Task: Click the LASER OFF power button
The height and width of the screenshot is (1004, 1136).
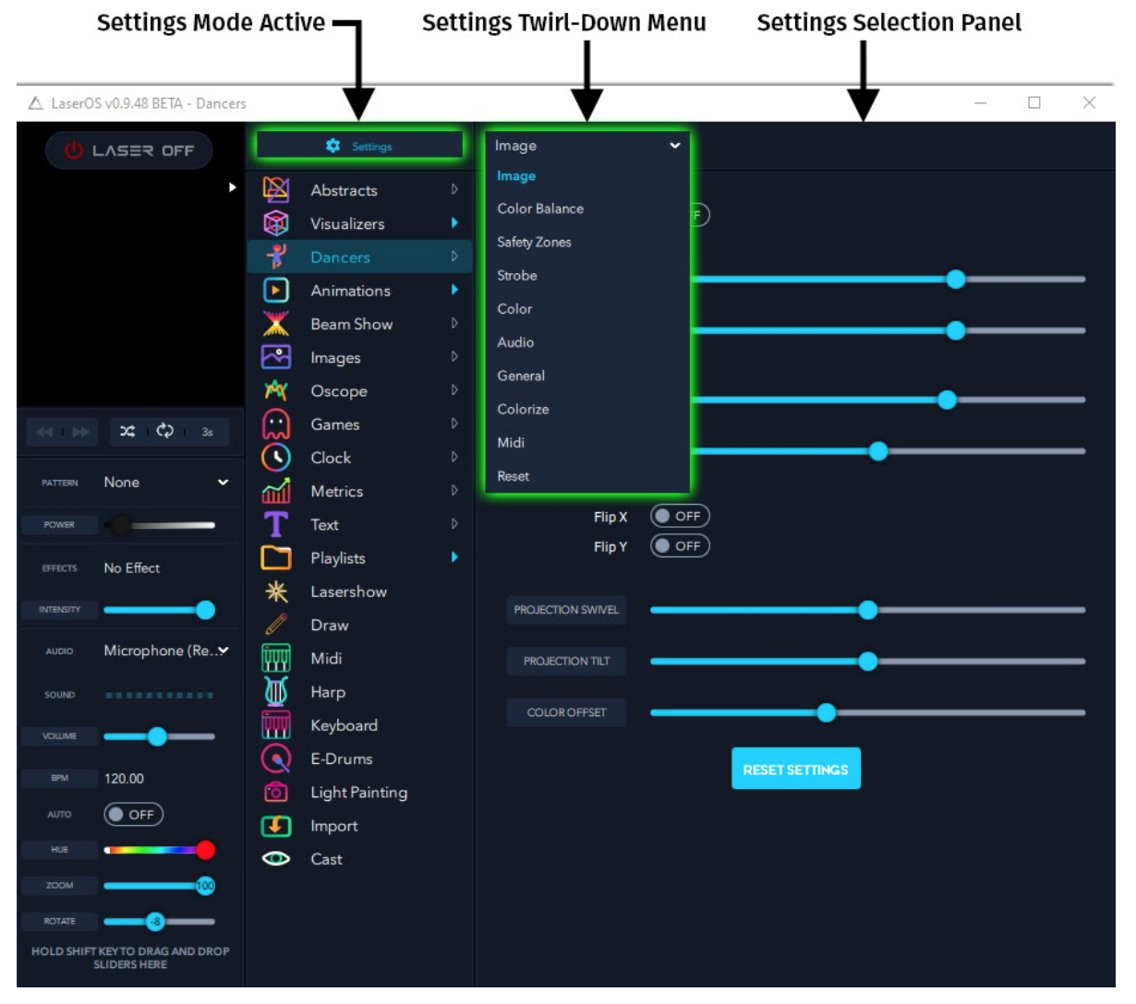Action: coord(129,150)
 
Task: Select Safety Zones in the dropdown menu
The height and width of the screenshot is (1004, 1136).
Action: coord(534,242)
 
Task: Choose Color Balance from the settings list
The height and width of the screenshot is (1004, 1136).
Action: coord(540,209)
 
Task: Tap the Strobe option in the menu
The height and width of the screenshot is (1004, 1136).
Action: coord(517,276)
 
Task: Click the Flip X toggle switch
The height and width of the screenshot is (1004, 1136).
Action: coord(680,516)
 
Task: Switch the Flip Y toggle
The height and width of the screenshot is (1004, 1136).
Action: coord(680,545)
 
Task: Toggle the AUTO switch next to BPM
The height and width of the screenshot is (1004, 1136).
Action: coord(133,814)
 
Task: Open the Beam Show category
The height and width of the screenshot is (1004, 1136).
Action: coord(352,324)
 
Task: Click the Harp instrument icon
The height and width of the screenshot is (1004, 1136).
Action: coord(276,691)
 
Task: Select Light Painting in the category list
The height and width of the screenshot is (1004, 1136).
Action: coord(359,792)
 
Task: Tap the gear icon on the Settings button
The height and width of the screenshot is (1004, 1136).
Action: coord(333,146)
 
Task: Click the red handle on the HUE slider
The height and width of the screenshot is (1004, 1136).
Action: coord(205,849)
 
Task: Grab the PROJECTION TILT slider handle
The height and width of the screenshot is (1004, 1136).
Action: coord(868,661)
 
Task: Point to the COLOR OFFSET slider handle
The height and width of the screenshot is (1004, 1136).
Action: coord(826,712)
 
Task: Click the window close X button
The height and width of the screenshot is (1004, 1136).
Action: coord(1089,102)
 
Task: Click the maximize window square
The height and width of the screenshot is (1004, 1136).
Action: coord(1034,102)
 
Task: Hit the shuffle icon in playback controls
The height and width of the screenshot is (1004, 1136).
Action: coord(127,431)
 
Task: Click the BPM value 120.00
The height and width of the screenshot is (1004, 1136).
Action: coord(124,778)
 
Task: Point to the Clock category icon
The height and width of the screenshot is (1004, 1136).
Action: coord(276,457)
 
